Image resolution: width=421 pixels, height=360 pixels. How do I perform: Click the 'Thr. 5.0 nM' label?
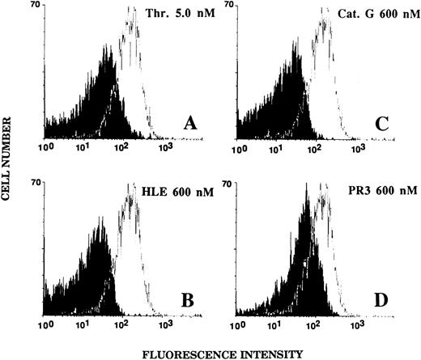point(175,13)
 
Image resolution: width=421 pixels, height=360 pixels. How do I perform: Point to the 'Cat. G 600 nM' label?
point(368,13)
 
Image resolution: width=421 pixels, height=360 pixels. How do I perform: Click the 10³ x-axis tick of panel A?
point(164,148)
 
